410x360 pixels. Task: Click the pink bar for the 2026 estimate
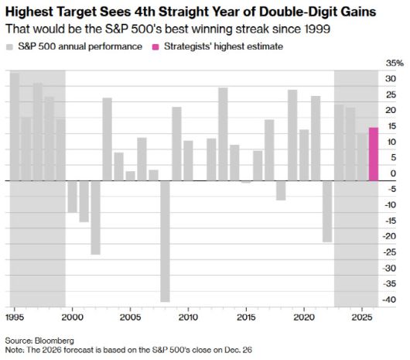373,154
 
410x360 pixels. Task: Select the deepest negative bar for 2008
165,241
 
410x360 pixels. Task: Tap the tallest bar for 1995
14,127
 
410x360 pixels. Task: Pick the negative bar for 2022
327,211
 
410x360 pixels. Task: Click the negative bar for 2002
95,218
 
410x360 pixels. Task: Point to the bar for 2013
223,134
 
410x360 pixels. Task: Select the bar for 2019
292,135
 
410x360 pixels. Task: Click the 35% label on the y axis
394,63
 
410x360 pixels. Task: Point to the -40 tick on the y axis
392,300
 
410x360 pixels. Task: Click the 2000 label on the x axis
72,317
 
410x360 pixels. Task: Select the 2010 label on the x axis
188,317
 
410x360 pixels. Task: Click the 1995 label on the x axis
14,317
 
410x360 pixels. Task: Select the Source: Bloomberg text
35,341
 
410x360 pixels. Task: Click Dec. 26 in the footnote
236,351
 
